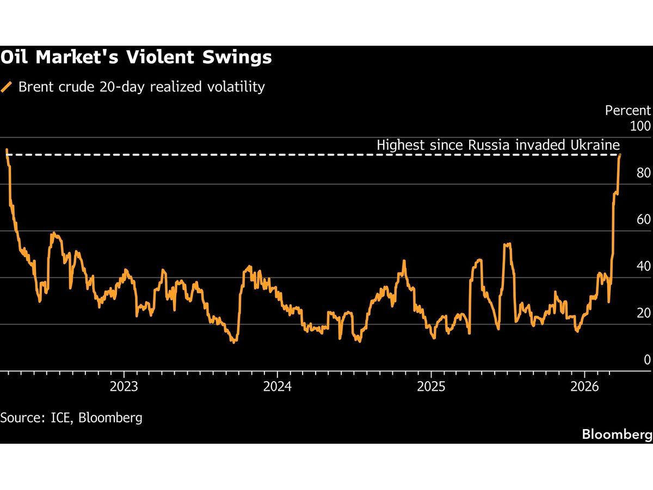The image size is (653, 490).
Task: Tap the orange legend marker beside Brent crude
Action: coord(7,87)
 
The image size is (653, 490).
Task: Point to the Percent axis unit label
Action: coord(627,111)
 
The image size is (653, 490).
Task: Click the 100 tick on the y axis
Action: coord(639,126)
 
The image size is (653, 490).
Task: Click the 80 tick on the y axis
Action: coord(643,173)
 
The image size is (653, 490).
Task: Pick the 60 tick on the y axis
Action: coord(643,219)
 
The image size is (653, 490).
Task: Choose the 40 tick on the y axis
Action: coord(643,266)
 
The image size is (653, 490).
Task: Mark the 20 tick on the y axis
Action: coord(643,313)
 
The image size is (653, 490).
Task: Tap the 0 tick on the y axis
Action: coord(646,360)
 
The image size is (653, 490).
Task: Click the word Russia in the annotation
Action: coord(484,145)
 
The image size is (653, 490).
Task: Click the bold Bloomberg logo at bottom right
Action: coord(617,434)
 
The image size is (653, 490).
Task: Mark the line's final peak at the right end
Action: coord(620,156)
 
